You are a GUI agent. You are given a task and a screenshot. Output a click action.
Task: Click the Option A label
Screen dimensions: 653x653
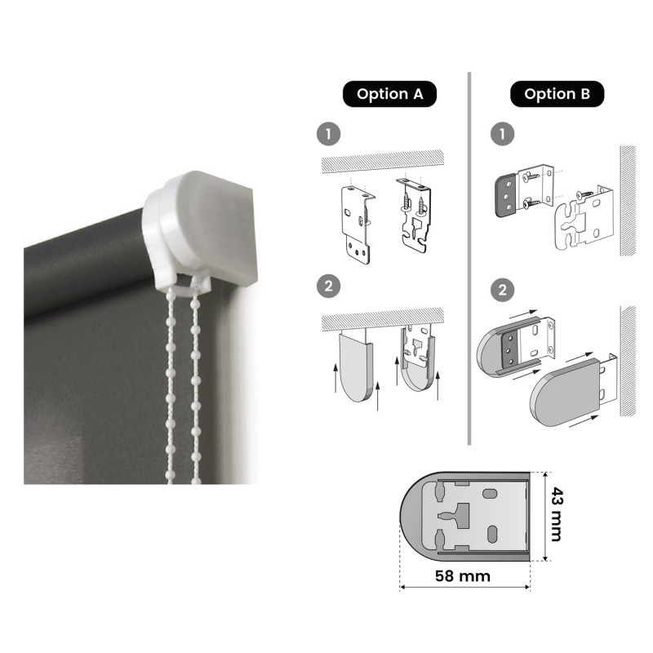click(389, 94)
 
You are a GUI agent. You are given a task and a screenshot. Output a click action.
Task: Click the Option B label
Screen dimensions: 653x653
click(557, 94)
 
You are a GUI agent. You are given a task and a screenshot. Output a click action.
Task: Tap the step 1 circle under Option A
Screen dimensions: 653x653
click(329, 134)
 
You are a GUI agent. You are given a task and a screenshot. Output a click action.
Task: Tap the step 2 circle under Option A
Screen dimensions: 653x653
click(329, 287)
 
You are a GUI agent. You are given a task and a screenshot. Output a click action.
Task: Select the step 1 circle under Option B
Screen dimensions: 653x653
click(503, 134)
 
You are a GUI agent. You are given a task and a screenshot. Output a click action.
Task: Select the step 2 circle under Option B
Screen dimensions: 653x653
click(503, 290)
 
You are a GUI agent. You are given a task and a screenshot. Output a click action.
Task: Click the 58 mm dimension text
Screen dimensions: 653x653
click(463, 576)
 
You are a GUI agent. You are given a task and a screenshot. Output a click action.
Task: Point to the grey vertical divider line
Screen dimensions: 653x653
click(469, 258)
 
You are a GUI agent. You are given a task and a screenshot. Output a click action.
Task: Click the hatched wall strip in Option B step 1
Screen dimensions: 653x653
click(628, 200)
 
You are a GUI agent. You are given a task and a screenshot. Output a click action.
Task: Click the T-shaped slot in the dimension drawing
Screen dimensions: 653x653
click(456, 516)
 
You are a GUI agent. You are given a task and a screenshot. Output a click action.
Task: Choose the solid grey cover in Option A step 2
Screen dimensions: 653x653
click(355, 366)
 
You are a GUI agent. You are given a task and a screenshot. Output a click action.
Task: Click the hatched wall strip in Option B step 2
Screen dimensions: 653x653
click(628, 361)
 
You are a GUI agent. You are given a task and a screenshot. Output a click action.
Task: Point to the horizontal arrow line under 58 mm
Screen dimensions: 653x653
click(464, 587)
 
